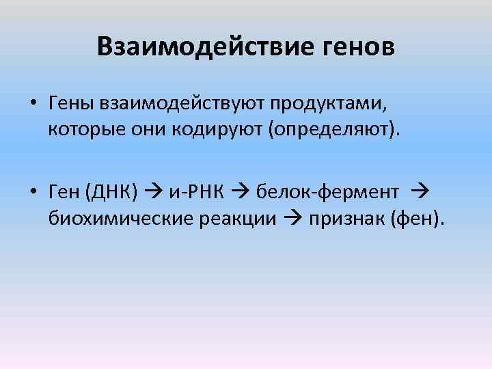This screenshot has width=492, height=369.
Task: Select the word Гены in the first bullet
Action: click(72, 104)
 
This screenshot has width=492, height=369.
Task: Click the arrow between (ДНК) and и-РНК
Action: click(154, 194)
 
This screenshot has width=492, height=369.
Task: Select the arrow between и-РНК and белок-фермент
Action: click(239, 194)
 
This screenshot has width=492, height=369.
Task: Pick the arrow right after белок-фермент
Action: click(420, 194)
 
